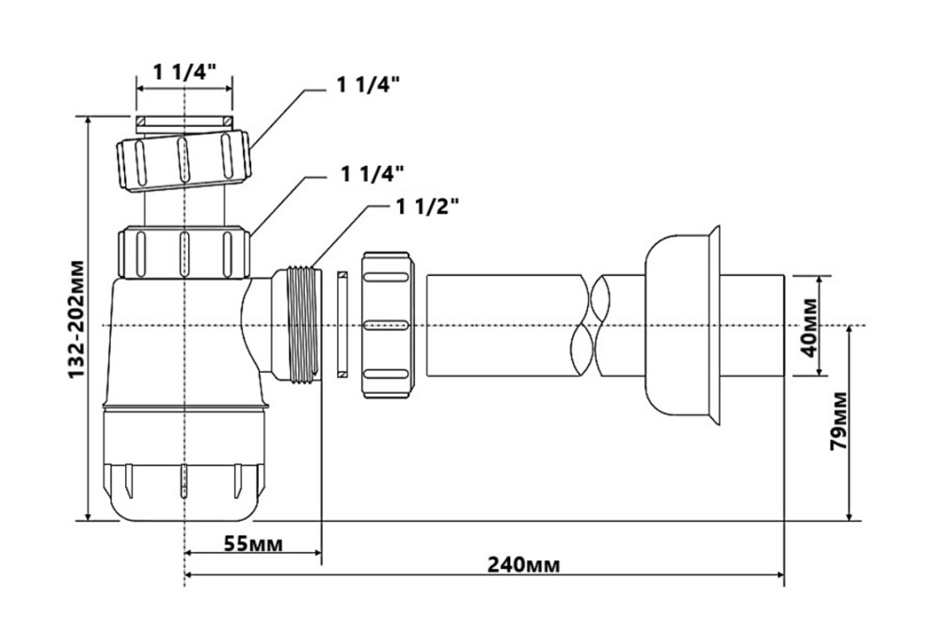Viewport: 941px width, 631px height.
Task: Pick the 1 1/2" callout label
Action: [428, 207]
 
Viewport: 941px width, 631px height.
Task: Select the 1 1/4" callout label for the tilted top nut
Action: [369, 85]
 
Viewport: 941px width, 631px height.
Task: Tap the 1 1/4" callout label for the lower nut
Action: [373, 173]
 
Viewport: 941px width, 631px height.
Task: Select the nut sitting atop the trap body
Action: [183, 249]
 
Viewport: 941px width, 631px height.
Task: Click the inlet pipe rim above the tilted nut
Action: [184, 122]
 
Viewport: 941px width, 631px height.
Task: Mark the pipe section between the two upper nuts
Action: [184, 205]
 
